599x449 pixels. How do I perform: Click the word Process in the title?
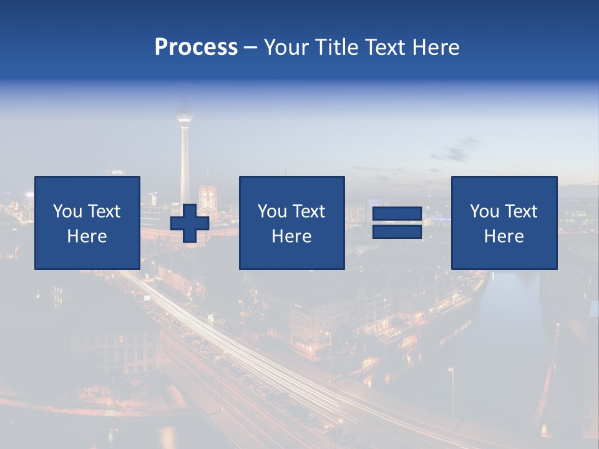pyautogui.click(x=196, y=47)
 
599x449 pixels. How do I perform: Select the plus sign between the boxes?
pyautogui.click(x=190, y=223)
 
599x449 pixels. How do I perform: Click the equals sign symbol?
pyautogui.click(x=397, y=223)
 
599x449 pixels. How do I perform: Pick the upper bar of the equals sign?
pyautogui.click(x=397, y=214)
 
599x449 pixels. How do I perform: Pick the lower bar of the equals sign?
pyautogui.click(x=397, y=231)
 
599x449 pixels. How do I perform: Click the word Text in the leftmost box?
pyautogui.click(x=104, y=211)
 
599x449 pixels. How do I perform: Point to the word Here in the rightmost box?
pyautogui.click(x=504, y=236)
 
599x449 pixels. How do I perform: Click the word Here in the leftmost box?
pyautogui.click(x=87, y=236)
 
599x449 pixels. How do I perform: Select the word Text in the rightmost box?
pyautogui.click(x=521, y=211)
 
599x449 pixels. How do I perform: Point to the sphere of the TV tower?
pyautogui.click(x=184, y=116)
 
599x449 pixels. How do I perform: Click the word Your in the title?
pyautogui.click(x=285, y=47)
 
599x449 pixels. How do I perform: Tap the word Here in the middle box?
pyautogui.click(x=292, y=236)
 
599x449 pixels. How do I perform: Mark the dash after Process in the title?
pyautogui.click(x=251, y=47)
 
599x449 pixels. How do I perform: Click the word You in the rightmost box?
pyautogui.click(x=484, y=211)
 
